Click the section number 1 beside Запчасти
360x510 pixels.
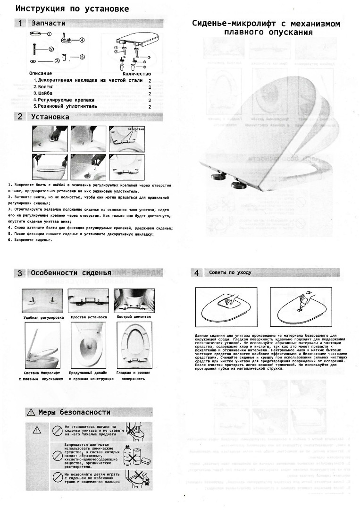tap(20, 23)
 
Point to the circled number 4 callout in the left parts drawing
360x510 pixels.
tap(82, 40)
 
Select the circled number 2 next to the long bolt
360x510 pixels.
tap(51, 49)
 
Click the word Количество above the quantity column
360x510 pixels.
tap(136, 74)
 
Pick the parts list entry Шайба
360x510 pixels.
tap(42, 93)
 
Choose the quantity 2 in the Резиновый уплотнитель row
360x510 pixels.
tap(150, 107)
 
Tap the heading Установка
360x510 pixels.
tap(50, 117)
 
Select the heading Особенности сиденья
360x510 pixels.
tap(71, 273)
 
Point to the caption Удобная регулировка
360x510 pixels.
tap(43, 317)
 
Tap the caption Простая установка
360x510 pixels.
tap(89, 317)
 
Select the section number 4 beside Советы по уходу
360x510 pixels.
tap(197, 272)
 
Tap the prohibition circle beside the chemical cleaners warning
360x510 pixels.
tap(58, 452)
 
